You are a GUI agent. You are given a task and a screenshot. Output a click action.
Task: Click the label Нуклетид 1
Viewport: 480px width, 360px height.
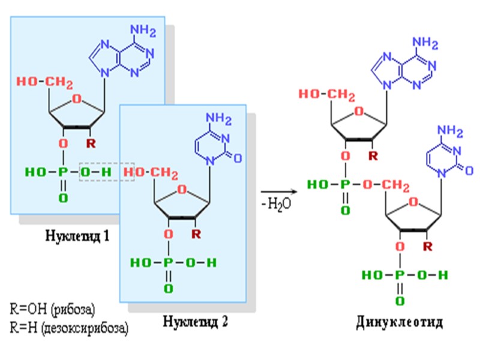pyautogui.click(x=77, y=236)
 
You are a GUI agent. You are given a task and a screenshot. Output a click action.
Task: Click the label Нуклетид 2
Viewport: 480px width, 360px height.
pyautogui.click(x=196, y=321)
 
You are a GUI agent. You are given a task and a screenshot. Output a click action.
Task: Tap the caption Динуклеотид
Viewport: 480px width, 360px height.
pyautogui.click(x=399, y=323)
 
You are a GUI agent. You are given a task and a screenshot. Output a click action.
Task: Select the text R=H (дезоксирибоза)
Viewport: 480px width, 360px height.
pyautogui.click(x=70, y=328)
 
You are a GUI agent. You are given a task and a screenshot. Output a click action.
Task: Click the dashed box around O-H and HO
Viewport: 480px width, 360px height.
pyautogui.click(x=107, y=173)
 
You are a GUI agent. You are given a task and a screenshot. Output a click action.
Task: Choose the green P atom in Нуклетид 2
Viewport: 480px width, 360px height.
pyautogui.click(x=169, y=263)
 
